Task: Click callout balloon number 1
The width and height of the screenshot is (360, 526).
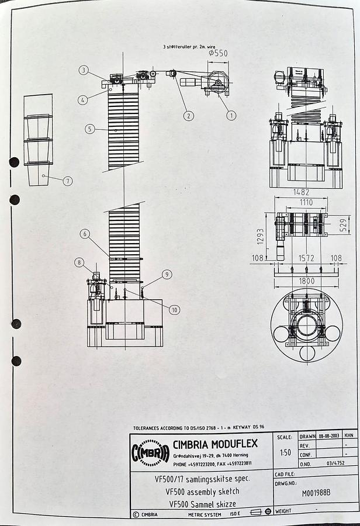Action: (x=231, y=116)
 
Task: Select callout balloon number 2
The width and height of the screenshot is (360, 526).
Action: (x=188, y=116)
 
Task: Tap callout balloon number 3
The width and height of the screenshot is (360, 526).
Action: (x=84, y=71)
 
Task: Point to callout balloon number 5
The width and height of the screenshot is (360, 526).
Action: (x=89, y=129)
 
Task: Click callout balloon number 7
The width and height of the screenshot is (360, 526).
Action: (x=68, y=181)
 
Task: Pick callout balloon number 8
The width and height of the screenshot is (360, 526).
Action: (x=79, y=262)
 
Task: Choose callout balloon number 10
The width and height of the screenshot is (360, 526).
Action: (x=175, y=310)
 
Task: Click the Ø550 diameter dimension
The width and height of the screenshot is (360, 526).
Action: (x=218, y=53)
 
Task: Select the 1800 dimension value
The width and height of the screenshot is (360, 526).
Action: (x=306, y=281)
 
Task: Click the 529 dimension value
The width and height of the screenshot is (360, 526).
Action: (x=344, y=223)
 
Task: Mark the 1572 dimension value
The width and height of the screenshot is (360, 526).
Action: (x=306, y=258)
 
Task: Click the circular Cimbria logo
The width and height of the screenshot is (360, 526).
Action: (x=150, y=453)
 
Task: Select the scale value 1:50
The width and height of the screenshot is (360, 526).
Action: (x=285, y=452)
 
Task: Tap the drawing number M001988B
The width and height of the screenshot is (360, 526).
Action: (x=316, y=493)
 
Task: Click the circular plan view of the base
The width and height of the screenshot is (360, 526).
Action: (x=306, y=325)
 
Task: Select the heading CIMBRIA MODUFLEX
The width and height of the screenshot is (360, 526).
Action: (x=215, y=444)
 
